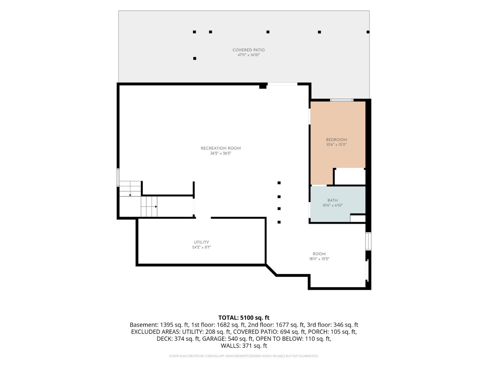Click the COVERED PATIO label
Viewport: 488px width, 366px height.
(x=248, y=50)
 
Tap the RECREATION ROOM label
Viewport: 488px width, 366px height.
(x=221, y=148)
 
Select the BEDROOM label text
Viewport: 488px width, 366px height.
(x=336, y=140)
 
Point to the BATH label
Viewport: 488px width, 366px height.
(x=332, y=200)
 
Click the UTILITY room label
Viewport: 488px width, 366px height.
(x=201, y=242)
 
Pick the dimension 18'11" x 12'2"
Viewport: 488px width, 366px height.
(x=319, y=259)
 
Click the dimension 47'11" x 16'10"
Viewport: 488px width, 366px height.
(x=249, y=55)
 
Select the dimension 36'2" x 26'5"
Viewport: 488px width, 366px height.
(x=221, y=153)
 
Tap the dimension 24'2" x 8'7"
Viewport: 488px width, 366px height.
(x=201, y=247)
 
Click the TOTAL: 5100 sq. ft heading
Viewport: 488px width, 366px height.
(x=244, y=318)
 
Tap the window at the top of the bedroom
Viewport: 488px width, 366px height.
(x=342, y=100)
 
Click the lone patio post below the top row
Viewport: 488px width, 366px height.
(x=195, y=59)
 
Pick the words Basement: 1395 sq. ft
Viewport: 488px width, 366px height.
(x=159, y=325)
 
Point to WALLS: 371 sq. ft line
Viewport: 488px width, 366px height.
(x=244, y=346)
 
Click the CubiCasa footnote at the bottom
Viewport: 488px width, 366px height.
(x=244, y=356)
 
